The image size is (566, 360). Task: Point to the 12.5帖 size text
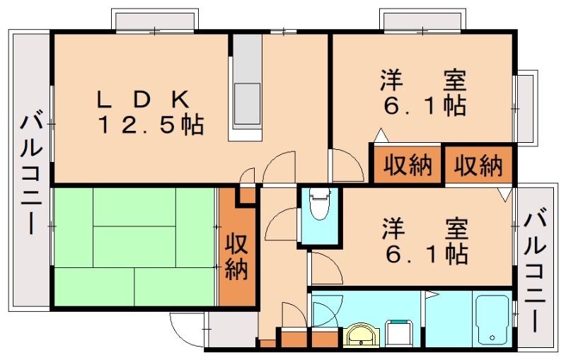(151, 126)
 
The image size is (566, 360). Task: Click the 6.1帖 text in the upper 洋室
(424, 106)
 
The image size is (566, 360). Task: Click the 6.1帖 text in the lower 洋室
(424, 252)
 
